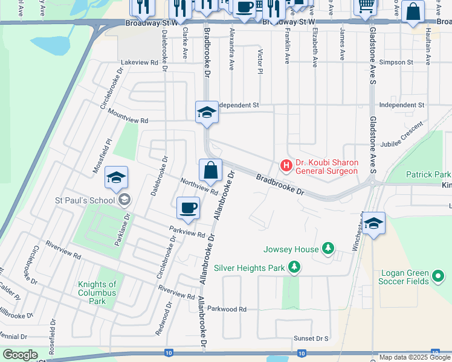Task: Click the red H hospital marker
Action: click(286, 164)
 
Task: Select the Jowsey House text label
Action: click(291, 249)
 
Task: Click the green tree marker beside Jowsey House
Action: click(328, 248)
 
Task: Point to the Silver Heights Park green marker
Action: click(294, 267)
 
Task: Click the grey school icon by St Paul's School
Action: click(124, 200)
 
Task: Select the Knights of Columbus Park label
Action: click(97, 293)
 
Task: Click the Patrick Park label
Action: click(428, 174)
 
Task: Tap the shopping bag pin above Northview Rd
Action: click(210, 171)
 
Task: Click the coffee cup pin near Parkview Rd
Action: click(188, 208)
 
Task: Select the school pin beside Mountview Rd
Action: click(206, 113)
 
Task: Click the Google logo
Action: click(20, 354)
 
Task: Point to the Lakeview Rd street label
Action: click(140, 62)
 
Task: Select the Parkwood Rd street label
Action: click(227, 309)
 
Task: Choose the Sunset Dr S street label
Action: click(311, 339)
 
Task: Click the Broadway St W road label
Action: click(150, 23)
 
